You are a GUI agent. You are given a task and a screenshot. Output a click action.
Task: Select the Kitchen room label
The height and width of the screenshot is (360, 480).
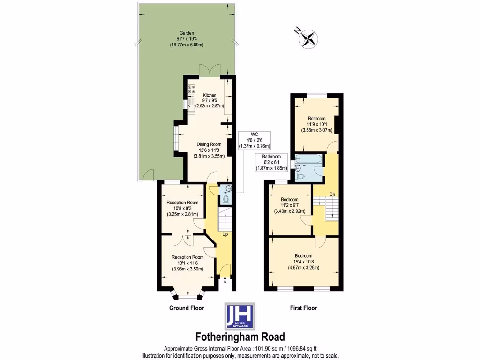[x=210, y=100]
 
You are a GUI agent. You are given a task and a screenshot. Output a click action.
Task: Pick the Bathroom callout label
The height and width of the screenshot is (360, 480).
[x=271, y=162]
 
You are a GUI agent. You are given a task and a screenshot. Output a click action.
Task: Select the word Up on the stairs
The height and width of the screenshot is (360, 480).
[x=225, y=234]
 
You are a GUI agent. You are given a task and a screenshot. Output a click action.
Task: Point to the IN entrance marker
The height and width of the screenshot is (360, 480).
[x=225, y=282]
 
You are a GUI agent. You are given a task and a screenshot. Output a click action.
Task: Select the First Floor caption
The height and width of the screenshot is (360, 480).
[x=303, y=308]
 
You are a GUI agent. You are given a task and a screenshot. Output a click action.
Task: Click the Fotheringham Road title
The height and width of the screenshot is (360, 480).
[x=240, y=337]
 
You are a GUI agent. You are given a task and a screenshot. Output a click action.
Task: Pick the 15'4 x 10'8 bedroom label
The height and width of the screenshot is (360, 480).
[x=303, y=262]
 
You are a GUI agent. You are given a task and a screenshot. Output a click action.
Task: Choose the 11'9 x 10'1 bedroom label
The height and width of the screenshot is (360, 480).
[x=316, y=124]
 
